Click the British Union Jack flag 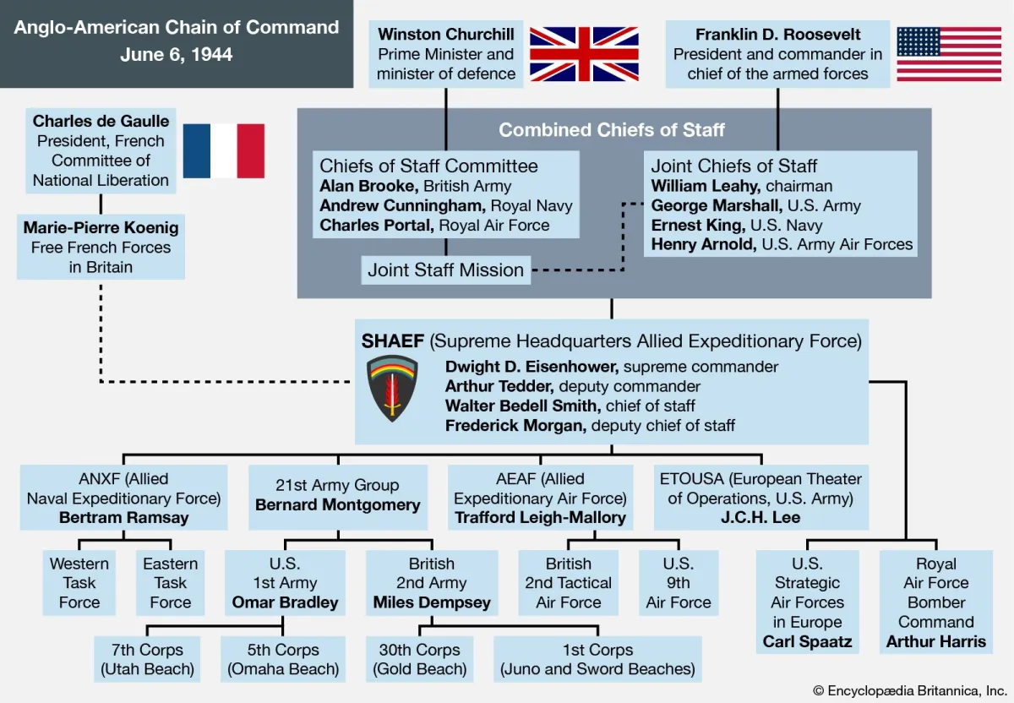pos(584,54)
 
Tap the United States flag pos(948,54)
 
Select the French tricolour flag pos(224,150)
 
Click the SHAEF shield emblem pos(392,388)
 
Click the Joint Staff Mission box pos(446,270)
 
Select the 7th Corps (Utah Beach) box pos(148,660)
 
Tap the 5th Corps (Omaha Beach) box pos(283,660)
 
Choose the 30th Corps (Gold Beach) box pos(420,660)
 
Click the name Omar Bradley pos(285,602)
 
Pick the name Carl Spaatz pos(807,641)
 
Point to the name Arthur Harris pos(935,641)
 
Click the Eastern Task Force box pos(171,583)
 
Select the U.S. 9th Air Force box pos(679,583)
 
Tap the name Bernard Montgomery pos(337,505)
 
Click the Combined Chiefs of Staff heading pos(612,130)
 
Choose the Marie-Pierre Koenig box pos(101,247)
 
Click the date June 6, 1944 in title pos(176,55)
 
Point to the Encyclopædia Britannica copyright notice pos(909,690)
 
